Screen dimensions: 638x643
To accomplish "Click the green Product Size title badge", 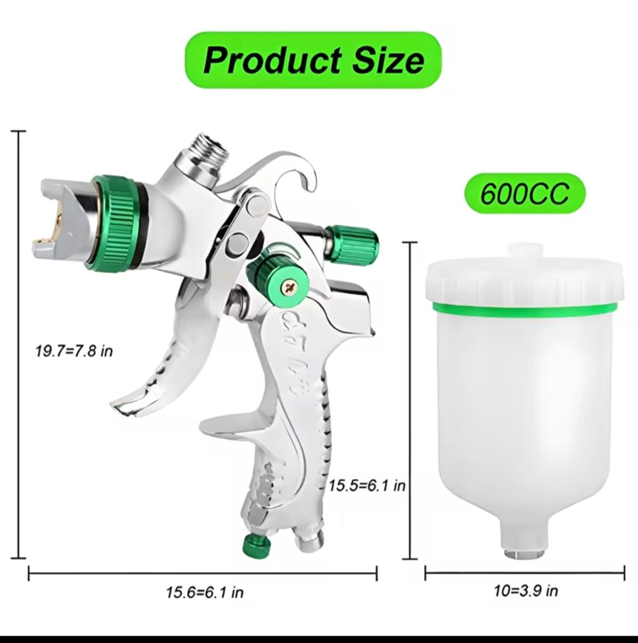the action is point(313,60).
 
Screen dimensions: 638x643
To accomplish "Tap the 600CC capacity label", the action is point(525,193).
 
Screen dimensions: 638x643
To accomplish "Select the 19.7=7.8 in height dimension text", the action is point(74,351).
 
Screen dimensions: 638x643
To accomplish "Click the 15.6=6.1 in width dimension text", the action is point(205,593).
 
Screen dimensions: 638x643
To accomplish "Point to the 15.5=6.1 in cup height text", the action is point(367,495).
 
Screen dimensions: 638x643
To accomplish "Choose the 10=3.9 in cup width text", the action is point(526,591).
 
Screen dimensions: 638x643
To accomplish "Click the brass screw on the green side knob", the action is point(289,285).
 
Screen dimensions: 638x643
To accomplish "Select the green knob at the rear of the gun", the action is point(352,243).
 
